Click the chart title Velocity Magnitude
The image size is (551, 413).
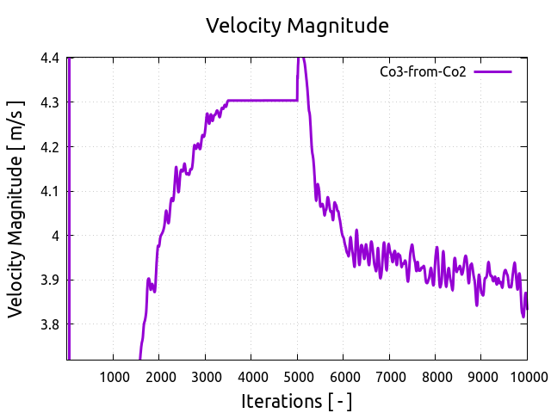(x=297, y=26)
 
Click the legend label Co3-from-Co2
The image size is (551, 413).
(x=423, y=71)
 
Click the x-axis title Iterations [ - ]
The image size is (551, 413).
(x=297, y=401)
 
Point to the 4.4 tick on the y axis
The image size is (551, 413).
(x=49, y=59)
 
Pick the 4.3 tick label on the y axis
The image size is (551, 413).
(x=49, y=102)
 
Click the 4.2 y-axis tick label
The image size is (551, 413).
(x=49, y=147)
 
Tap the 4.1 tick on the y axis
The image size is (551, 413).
(x=49, y=191)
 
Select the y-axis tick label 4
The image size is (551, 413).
(x=56, y=236)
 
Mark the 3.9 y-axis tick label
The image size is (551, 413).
(x=49, y=280)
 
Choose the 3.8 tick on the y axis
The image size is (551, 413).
(x=49, y=324)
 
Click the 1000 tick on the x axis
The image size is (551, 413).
(x=114, y=376)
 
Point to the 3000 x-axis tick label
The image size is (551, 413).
(x=206, y=376)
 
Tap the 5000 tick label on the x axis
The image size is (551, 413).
(x=297, y=376)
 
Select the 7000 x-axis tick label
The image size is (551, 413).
(x=389, y=376)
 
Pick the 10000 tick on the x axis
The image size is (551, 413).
(x=524, y=376)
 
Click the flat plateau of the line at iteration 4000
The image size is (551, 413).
(x=251, y=101)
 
